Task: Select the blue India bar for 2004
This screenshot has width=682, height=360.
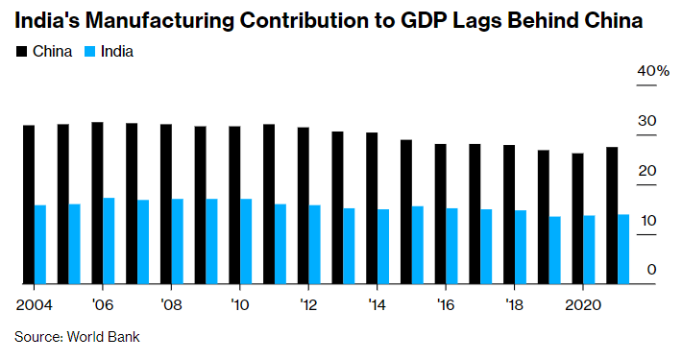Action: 40,245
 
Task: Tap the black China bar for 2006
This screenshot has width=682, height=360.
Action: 97,203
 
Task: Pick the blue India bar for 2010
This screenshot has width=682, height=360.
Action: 246,241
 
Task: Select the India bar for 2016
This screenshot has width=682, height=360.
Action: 451,246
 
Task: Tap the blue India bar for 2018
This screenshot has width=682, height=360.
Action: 520,247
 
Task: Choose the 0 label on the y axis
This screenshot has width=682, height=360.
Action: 650,270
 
